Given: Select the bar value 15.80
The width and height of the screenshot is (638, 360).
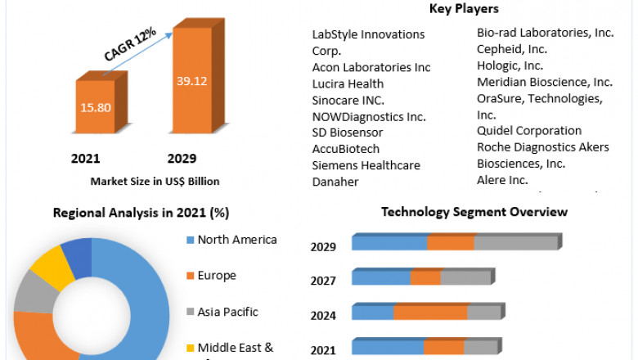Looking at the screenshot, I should point(95,106).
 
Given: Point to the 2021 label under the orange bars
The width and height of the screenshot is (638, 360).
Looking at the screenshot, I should point(86,158).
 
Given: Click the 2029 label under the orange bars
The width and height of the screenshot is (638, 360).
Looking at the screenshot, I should point(182,158).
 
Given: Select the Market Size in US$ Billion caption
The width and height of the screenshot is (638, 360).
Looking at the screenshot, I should point(155,181).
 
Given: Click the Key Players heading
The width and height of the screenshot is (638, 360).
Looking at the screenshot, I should point(464,9).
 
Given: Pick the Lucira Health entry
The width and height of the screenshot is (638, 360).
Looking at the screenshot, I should point(348,83).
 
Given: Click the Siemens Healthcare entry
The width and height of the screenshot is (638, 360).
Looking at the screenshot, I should point(366,165).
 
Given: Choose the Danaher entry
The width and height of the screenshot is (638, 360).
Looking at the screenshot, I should point(335,182).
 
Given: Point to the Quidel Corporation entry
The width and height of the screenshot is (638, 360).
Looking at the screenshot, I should point(529,130).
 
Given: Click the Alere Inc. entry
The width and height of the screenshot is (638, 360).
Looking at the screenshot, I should point(502,180).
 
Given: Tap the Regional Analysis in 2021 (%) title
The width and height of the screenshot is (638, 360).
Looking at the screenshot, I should point(141,213).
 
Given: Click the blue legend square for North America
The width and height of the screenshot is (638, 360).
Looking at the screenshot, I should point(190,241).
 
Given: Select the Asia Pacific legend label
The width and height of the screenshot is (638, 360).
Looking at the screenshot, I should point(227,312).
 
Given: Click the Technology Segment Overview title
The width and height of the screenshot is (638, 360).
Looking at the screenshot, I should point(474,212).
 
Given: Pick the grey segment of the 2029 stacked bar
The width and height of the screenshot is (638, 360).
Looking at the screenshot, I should point(515,243).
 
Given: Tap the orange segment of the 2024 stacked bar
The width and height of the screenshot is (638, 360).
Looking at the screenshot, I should point(430,313).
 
